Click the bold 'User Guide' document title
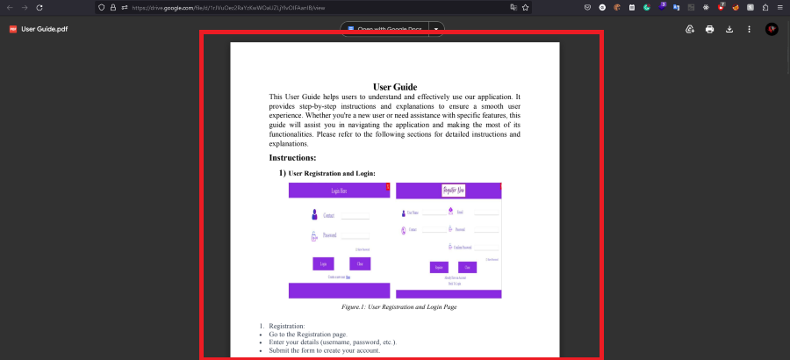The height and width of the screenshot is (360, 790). (394, 86)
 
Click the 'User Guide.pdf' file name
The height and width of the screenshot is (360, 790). (45, 29)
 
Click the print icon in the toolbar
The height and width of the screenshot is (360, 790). (709, 29)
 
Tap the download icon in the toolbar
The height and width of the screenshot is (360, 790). (729, 29)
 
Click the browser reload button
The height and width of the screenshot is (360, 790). (39, 7)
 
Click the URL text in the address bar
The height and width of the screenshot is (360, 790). (228, 7)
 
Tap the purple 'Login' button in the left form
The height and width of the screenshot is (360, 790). (323, 263)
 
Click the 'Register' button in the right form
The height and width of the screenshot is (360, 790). (439, 267)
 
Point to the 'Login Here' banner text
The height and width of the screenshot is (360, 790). (339, 191)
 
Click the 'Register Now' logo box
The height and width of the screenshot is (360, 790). (448, 191)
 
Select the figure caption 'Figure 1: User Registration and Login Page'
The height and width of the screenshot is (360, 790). (399, 307)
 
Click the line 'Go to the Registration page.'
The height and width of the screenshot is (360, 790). (308, 335)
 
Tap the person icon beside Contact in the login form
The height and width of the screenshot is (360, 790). (314, 215)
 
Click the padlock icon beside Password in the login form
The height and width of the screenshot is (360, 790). (313, 236)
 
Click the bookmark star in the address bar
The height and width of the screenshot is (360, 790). (525, 7)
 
